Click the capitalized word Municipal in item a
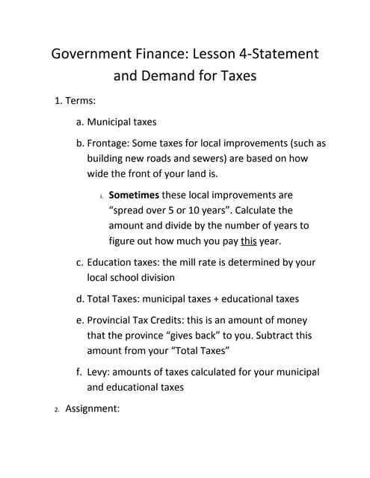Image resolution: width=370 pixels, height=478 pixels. click(x=111, y=122)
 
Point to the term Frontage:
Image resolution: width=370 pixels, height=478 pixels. click(x=111, y=143)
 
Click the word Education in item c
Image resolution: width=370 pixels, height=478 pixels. click(x=112, y=262)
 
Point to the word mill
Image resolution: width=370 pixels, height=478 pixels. click(x=205, y=262)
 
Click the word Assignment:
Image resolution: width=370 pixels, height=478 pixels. click(x=93, y=409)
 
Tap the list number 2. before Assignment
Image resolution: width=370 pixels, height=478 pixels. click(x=56, y=409)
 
